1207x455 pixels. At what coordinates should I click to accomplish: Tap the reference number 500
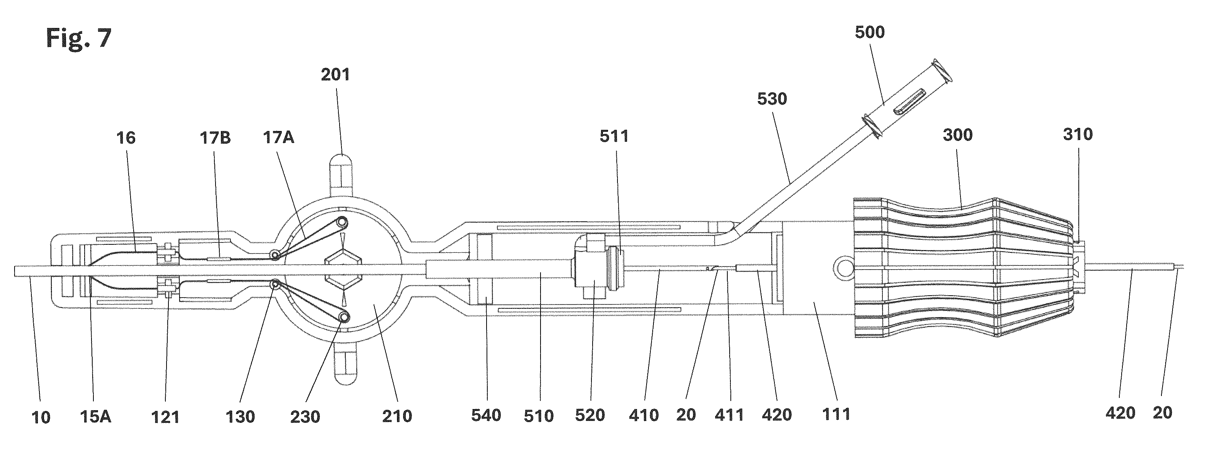tap(870, 32)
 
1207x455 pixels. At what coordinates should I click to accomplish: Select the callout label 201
tap(335, 75)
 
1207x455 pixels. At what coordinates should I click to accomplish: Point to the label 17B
tap(215, 138)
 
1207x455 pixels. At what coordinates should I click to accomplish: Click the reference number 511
tap(614, 136)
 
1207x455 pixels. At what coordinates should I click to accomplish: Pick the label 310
tap(1078, 134)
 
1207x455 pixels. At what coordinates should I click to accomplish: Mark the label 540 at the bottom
tap(487, 415)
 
